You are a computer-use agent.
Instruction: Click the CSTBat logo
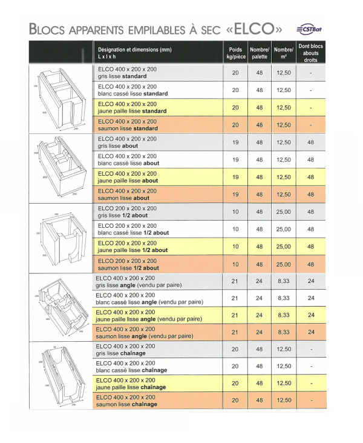pyautogui.click(x=310, y=28)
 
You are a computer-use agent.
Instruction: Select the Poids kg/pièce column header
pyautogui.click(x=235, y=53)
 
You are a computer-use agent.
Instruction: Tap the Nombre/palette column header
pyautogui.click(x=259, y=53)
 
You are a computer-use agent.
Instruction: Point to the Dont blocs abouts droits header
pyautogui.click(x=310, y=53)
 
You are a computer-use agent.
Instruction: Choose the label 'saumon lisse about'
pyautogui.click(x=123, y=198)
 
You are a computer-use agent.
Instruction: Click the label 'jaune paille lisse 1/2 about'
pyautogui.click(x=132, y=250)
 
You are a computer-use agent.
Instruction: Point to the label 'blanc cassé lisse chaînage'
pyautogui.click(x=131, y=370)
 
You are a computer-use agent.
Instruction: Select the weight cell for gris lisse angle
pyautogui.click(x=235, y=281)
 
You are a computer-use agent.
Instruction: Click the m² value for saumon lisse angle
pyautogui.click(x=283, y=333)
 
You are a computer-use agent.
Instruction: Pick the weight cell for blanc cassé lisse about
pyautogui.click(x=235, y=160)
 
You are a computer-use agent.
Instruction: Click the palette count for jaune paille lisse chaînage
pyautogui.click(x=259, y=384)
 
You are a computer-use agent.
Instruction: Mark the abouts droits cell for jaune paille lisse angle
pyautogui.click(x=310, y=315)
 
